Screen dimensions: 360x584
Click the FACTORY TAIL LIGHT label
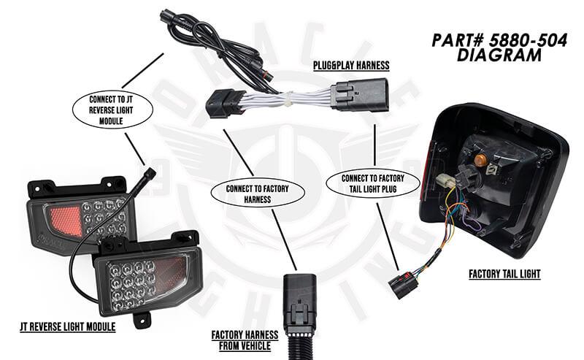(x=505, y=275)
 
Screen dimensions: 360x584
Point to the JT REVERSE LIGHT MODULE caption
(x=67, y=326)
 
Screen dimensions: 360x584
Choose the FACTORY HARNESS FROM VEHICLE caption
(x=245, y=340)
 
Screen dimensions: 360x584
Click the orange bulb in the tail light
(x=482, y=157)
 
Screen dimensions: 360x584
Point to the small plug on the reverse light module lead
(x=150, y=173)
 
